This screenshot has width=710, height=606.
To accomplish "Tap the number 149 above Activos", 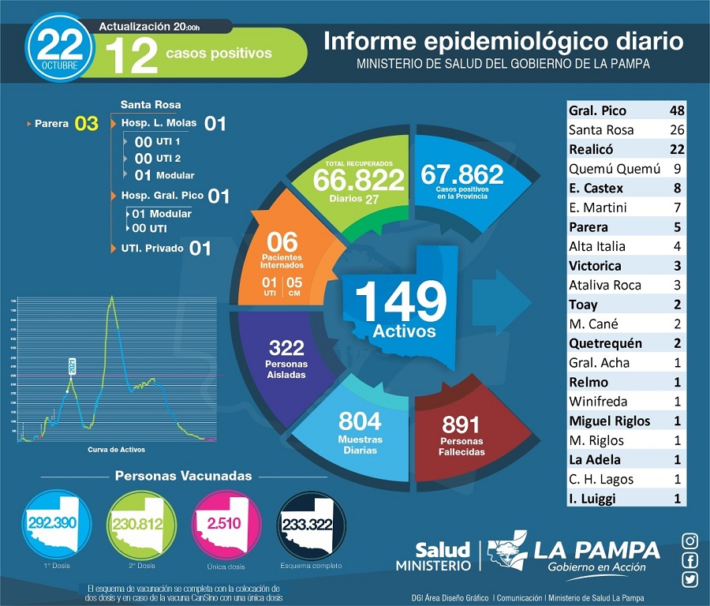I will pos(401,300).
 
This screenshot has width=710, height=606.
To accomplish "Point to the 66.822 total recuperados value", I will pos(358,179).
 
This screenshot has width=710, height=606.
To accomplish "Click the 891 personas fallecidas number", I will pos(461,425).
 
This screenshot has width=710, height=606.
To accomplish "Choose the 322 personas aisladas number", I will pos(286,347).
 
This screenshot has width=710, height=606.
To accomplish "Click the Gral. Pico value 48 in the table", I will pos(676,110).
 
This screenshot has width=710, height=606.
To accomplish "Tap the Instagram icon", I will pos(690,541).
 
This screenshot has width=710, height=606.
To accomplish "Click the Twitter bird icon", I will pos(690,579).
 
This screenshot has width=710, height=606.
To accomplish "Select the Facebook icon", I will pos(690,560).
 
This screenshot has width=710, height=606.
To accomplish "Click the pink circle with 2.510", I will pos(223,523).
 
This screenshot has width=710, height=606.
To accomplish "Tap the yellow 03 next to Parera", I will pos(86,124).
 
